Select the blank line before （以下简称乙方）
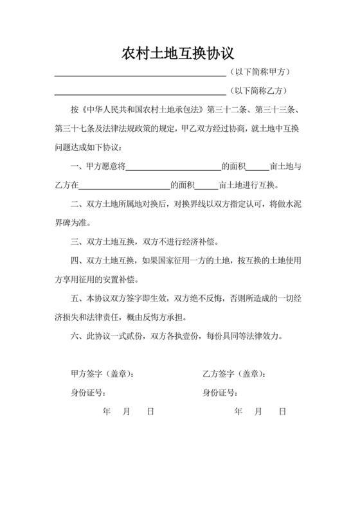coord(139,92)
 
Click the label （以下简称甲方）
coord(260,73)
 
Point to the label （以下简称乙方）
coord(260,91)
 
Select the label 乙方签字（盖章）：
coord(234,375)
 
